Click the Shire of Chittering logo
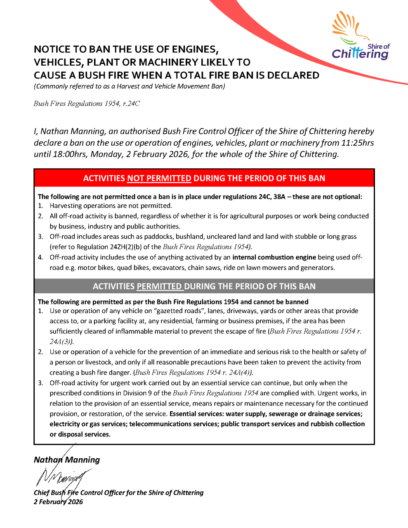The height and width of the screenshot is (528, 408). pyautogui.click(x=360, y=36)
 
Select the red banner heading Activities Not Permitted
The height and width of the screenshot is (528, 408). pyautogui.click(x=204, y=178)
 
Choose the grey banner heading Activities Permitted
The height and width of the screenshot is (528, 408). pyautogui.click(x=204, y=286)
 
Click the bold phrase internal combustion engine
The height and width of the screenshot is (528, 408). pyautogui.click(x=274, y=257)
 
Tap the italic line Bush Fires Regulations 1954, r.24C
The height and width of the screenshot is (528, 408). pyautogui.click(x=87, y=104)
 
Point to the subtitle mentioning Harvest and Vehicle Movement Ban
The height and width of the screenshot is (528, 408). pyautogui.click(x=129, y=86)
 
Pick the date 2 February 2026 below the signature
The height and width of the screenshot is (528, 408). pyautogui.click(x=58, y=502)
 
